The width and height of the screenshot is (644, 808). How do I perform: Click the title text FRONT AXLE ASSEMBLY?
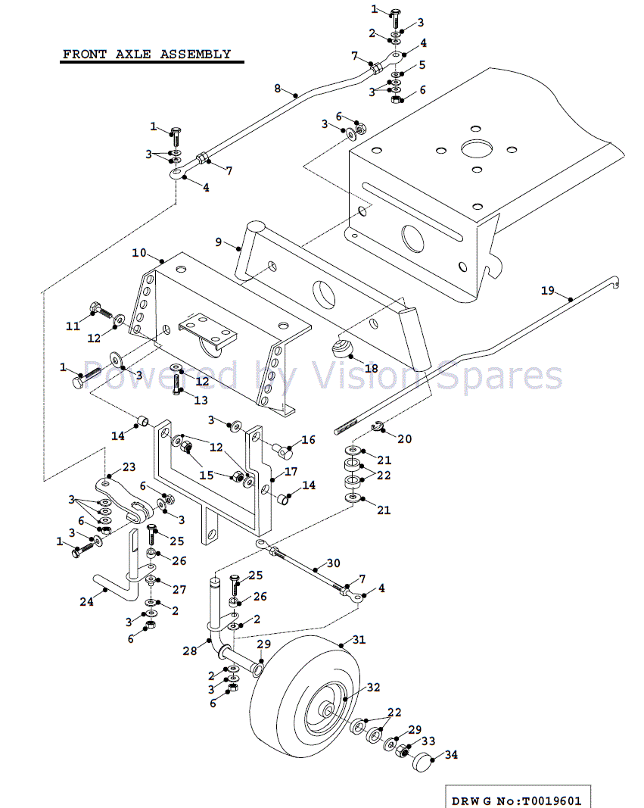click(147, 55)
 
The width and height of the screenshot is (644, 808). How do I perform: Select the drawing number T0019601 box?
click(517, 800)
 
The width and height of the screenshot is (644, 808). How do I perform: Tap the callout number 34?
click(451, 754)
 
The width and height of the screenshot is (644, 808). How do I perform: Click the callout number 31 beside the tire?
click(358, 640)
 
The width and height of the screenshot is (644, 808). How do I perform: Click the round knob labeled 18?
click(341, 349)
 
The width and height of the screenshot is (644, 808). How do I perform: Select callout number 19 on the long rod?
click(548, 290)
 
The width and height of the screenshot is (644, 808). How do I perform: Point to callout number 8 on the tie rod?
click(278, 89)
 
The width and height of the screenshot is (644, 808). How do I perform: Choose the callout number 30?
click(334, 563)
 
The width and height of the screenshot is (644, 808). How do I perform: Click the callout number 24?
click(86, 601)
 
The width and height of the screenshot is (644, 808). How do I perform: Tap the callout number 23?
click(129, 467)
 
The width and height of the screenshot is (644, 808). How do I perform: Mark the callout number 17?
click(291, 471)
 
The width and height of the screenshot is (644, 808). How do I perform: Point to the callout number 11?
click(73, 326)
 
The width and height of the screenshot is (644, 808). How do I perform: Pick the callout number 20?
click(405, 438)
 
